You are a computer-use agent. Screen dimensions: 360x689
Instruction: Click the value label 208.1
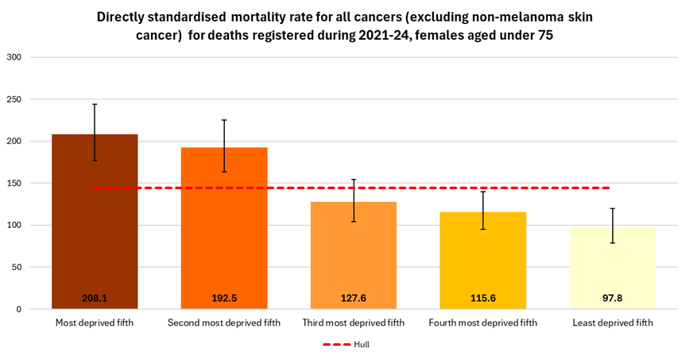click(95, 298)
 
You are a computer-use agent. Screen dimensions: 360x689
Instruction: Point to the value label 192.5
click(224, 298)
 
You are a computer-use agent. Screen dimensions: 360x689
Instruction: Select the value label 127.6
click(354, 298)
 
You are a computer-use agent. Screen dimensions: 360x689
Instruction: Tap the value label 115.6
click(483, 298)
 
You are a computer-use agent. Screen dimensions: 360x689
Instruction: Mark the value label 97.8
click(613, 298)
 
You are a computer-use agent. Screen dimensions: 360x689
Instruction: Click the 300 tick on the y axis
click(14, 57)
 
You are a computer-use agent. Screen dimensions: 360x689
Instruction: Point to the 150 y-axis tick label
click(14, 184)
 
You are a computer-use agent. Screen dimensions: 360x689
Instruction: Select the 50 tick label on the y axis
click(17, 267)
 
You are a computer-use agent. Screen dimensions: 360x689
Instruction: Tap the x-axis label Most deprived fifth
click(95, 323)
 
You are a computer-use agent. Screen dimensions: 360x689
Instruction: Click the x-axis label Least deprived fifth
click(613, 323)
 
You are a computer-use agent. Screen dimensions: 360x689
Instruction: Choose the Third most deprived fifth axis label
click(354, 323)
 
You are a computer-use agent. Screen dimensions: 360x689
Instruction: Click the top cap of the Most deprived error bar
click(95, 104)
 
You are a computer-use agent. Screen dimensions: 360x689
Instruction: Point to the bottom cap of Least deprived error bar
click(613, 242)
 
